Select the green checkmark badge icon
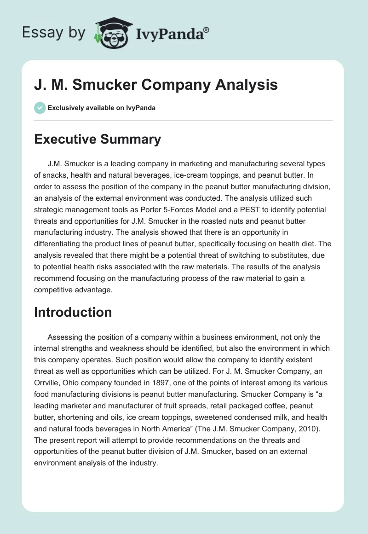pyautogui.click(x=40, y=108)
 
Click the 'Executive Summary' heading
pyautogui.click(x=98, y=139)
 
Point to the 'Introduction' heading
pyautogui.click(x=73, y=312)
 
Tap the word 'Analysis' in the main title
pyautogui.click(x=248, y=85)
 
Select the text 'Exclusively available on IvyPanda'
pyautogui.click(x=101, y=108)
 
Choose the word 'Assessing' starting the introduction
pyautogui.click(x=65, y=337)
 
